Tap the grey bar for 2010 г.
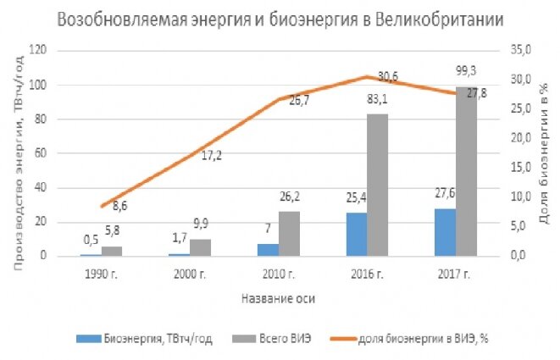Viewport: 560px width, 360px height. (289, 234)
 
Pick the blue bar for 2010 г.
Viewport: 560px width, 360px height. (268, 250)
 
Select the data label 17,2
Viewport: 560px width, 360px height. (212, 155)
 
